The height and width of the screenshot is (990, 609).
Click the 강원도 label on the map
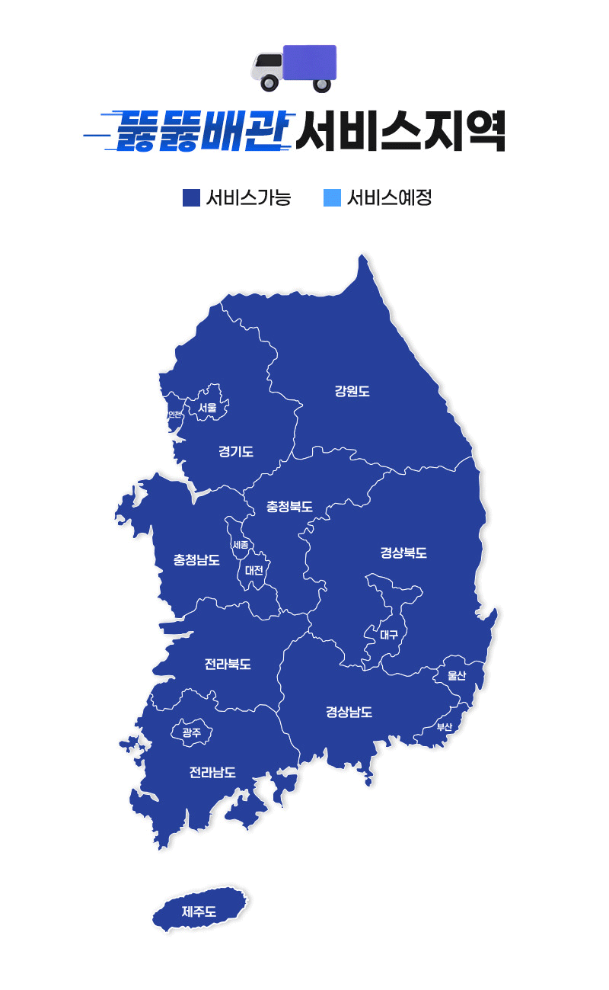tap(352, 392)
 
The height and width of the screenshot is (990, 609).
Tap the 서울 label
tap(207, 408)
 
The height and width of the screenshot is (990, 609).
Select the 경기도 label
tap(236, 452)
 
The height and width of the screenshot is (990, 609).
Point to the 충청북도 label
tap(289, 506)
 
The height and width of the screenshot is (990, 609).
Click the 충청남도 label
tap(196, 560)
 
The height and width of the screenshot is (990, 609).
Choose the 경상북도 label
tap(403, 553)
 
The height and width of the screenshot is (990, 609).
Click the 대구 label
tap(389, 634)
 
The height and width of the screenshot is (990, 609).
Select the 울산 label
tap(457, 675)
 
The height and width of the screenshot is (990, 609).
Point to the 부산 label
tap(445, 727)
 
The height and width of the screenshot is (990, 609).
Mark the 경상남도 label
tap(349, 713)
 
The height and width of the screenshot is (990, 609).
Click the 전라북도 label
tap(228, 664)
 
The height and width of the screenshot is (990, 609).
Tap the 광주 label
tap(192, 732)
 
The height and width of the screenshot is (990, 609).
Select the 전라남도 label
tap(212, 772)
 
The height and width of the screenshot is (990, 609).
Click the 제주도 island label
tap(199, 911)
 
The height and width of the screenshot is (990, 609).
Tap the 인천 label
tap(174, 415)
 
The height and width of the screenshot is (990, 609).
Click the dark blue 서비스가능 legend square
tap(191, 198)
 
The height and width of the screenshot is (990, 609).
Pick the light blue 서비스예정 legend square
tap(332, 198)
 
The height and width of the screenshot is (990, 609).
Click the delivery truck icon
tap(295, 67)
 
